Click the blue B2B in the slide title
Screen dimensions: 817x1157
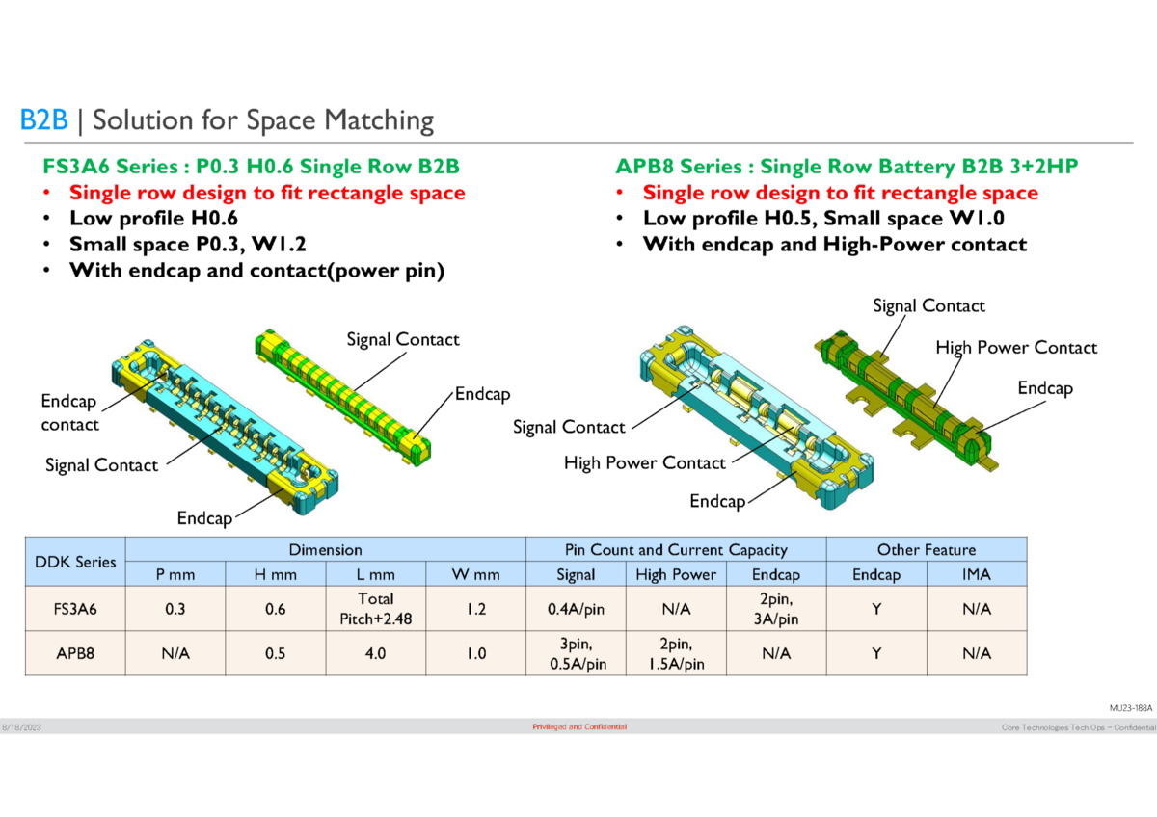(x=44, y=120)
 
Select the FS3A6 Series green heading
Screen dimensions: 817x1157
(x=250, y=167)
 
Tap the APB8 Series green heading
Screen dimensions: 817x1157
(x=847, y=167)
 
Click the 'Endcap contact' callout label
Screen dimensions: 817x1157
(x=69, y=412)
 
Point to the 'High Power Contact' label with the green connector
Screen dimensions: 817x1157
(x=1015, y=348)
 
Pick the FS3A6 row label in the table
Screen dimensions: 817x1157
(x=75, y=610)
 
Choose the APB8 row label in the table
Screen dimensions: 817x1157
(x=75, y=653)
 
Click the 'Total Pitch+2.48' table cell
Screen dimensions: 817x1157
(x=375, y=610)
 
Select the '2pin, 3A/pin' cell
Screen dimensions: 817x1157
(x=776, y=610)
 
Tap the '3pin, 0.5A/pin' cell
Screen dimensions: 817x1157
(x=576, y=653)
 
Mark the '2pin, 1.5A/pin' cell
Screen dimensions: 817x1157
(x=676, y=653)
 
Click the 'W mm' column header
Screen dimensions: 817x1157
(x=475, y=575)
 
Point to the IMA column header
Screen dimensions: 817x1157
(x=976, y=575)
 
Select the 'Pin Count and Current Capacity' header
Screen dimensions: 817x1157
(x=676, y=550)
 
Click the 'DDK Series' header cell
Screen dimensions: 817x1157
(x=75, y=562)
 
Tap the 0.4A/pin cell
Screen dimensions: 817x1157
(x=576, y=610)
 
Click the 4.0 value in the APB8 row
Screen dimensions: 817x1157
(x=375, y=653)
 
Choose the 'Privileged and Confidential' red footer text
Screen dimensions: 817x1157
(x=579, y=726)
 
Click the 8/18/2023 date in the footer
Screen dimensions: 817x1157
(x=20, y=726)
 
